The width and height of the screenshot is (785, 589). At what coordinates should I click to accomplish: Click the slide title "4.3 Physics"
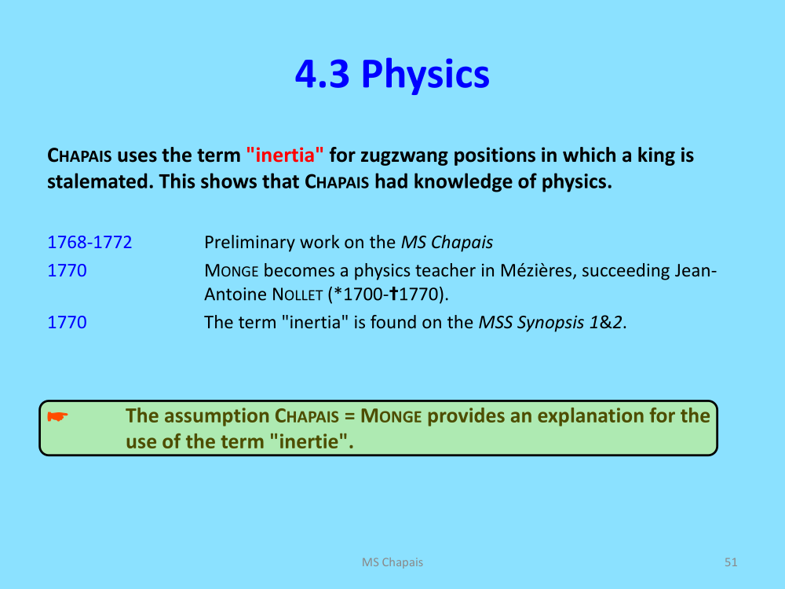392,75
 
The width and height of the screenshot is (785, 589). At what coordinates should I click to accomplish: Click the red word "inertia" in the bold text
285,155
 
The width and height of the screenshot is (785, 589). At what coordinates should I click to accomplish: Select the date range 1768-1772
89,243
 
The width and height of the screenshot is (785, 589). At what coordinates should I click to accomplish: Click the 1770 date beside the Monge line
67,270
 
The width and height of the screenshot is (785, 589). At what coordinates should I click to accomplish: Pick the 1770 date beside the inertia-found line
67,322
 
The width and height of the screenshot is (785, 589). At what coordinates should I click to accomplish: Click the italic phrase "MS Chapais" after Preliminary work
447,243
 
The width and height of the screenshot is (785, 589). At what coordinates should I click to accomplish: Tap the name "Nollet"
298,294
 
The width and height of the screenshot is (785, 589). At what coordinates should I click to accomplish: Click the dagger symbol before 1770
393,294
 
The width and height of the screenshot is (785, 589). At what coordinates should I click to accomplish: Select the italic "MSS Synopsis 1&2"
551,323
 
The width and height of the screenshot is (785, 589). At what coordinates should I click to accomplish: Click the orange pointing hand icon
57,416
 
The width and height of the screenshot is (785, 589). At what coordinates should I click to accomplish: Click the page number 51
731,562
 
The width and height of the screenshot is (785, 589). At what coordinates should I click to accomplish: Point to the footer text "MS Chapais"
392,562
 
